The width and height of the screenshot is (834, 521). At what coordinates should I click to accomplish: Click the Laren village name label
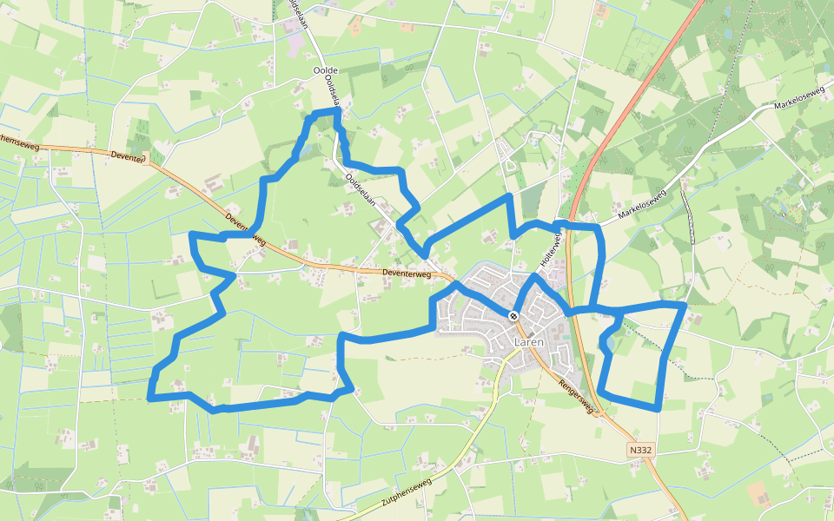(x=528, y=342)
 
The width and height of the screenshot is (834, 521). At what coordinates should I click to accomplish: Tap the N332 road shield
(x=640, y=450)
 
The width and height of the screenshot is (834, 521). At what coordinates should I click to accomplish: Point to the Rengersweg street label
(x=575, y=396)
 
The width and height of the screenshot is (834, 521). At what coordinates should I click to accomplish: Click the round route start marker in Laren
(x=514, y=315)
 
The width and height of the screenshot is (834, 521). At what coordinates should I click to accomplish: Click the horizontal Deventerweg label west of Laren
(x=407, y=273)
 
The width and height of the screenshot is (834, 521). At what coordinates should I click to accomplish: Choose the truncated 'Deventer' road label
(x=129, y=155)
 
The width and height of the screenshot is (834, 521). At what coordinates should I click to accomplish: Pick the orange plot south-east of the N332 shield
(x=758, y=495)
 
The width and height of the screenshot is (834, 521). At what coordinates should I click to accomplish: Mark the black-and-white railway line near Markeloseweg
(x=691, y=217)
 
